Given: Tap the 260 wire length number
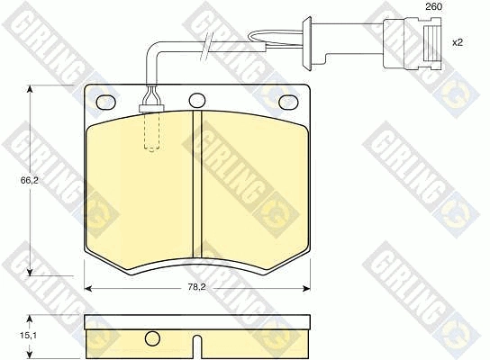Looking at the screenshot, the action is tap(434, 6).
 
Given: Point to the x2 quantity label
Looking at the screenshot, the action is tap(458, 42).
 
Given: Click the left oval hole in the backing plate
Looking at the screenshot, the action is tap(106, 102).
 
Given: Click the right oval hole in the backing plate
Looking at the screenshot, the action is tap(288, 102).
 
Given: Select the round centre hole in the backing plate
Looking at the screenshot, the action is tap(197, 101).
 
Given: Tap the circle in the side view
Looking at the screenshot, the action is tap(152, 338).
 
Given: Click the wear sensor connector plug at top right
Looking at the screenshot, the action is tap(413, 42).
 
